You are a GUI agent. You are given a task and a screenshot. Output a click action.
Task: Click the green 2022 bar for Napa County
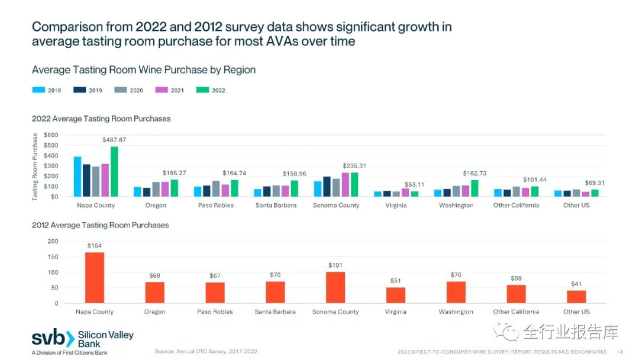(114, 172)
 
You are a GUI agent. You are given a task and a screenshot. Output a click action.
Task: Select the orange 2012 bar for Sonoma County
(335, 288)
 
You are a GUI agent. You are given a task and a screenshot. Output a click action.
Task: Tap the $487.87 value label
(114, 140)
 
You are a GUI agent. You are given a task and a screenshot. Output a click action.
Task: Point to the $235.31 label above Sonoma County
(354, 166)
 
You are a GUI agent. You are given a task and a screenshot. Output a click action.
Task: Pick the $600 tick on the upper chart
(51, 135)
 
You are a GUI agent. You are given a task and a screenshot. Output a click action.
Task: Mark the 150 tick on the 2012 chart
(53, 257)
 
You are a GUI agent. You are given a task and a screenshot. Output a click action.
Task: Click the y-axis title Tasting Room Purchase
(35, 167)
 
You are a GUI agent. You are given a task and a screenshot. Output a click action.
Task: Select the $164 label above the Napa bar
(95, 245)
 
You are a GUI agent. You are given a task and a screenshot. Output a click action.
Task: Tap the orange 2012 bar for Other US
(576, 297)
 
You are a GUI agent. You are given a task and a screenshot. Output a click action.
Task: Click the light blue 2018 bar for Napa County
(78, 176)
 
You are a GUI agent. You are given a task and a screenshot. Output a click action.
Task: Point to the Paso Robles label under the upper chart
(215, 205)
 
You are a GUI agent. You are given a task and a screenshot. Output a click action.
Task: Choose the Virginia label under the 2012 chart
(396, 311)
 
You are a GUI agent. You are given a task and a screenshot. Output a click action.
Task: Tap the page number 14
(620, 351)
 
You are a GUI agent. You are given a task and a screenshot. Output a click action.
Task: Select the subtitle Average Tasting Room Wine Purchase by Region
(144, 70)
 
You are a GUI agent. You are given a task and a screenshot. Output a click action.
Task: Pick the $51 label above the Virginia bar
(396, 281)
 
